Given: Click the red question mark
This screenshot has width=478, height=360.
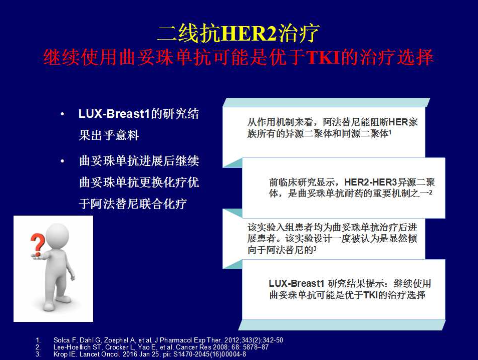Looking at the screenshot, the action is (38, 244).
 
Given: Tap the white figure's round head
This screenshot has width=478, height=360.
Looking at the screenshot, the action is (57, 236).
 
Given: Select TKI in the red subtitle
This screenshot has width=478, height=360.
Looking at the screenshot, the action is (323, 57).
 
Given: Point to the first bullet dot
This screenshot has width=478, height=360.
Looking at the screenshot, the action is (63, 114).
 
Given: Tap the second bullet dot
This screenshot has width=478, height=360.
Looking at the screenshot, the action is (63, 161).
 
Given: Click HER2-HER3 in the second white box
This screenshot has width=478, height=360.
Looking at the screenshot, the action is (370, 182).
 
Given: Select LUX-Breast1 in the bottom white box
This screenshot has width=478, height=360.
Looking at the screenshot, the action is (296, 283).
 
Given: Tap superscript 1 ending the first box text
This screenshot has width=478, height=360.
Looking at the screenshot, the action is (390, 132).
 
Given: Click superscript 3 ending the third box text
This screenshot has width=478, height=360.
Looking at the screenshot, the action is (315, 248).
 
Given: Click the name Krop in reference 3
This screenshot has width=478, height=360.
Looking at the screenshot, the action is (60, 354).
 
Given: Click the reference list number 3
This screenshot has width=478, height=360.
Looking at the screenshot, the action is (38, 354).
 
